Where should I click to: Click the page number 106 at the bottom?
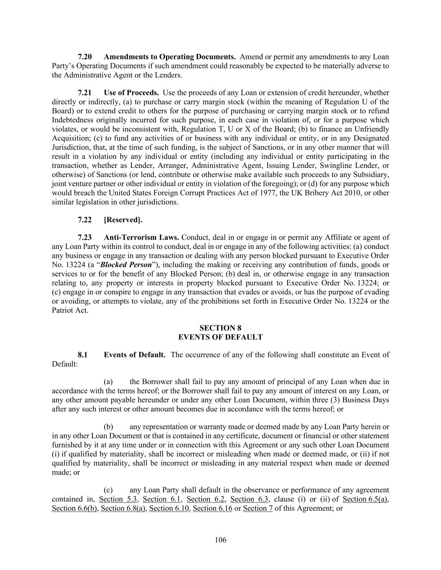220,540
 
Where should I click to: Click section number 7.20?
85,57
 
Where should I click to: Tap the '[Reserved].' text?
123,220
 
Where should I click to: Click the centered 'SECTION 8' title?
220,328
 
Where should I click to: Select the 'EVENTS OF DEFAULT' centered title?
220,337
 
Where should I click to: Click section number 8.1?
83,355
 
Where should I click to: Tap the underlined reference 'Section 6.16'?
212,508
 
